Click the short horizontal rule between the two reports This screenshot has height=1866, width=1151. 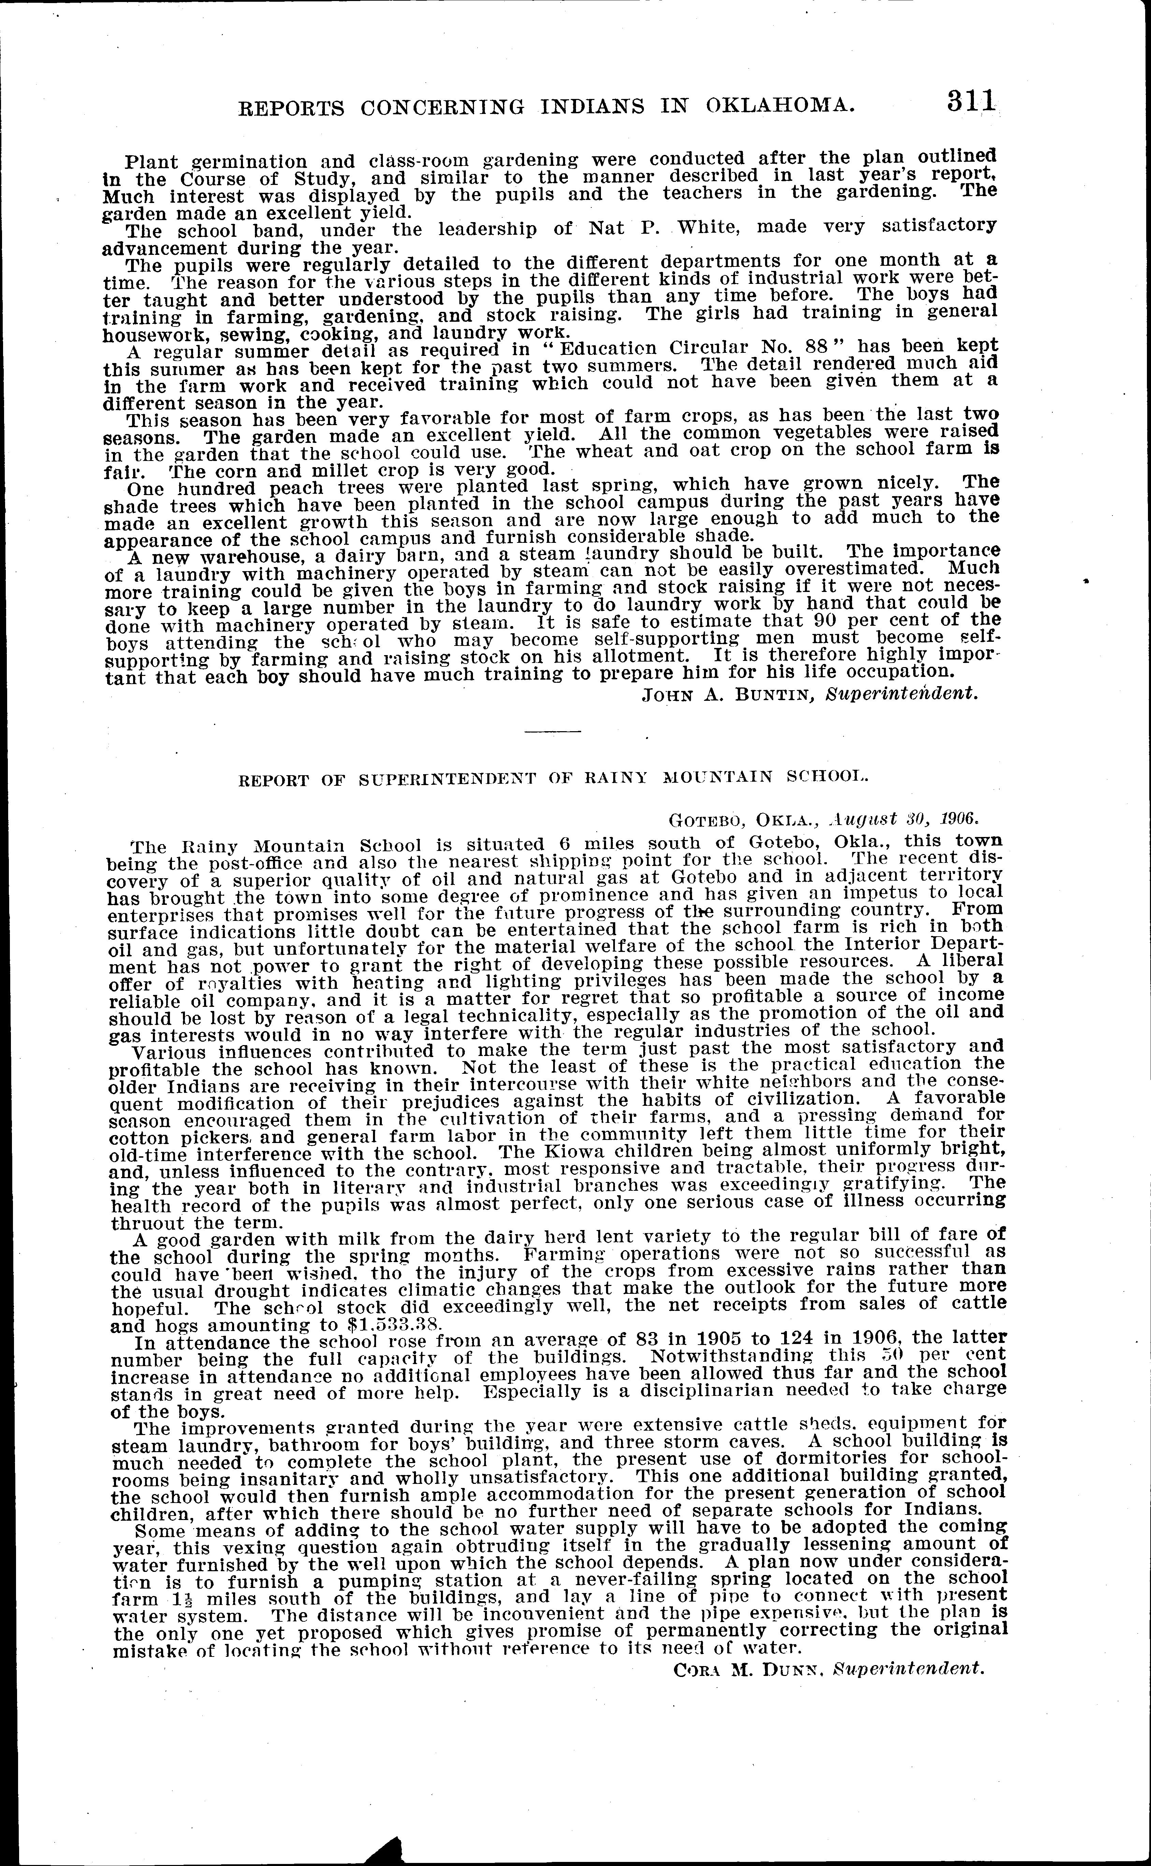[553, 732]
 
